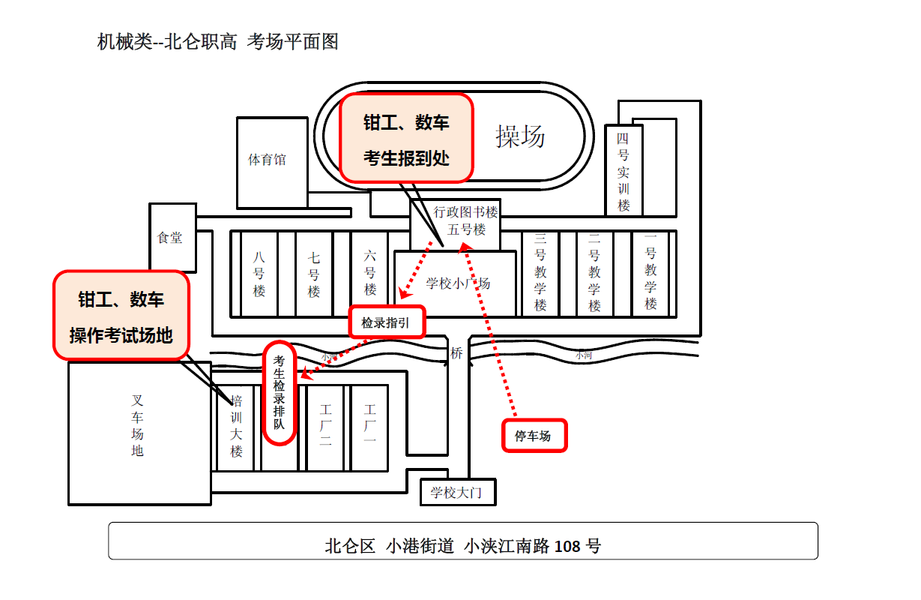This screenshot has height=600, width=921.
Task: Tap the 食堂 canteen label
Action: tap(171, 238)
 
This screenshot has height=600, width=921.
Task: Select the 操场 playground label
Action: tap(520, 136)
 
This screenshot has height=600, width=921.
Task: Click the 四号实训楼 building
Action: tap(623, 171)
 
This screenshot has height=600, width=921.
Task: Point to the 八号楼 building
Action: tap(259, 274)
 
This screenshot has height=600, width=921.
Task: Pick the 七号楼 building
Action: tap(314, 274)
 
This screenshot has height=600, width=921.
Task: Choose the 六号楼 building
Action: tap(370, 274)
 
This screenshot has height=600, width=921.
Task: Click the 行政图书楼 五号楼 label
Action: tap(465, 221)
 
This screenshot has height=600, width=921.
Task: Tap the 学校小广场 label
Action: tap(458, 283)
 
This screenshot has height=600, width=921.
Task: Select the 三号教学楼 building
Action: tap(540, 274)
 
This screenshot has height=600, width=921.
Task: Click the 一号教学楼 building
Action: tap(650, 274)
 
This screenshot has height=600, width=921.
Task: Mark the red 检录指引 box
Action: tap(387, 322)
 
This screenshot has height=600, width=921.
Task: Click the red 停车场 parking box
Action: tap(534, 436)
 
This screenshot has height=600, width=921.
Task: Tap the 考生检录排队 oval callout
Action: tap(280, 393)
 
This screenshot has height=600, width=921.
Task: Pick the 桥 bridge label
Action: tap(456, 353)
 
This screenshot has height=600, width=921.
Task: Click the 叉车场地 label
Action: tap(137, 426)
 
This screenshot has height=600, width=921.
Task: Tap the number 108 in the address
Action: tap(567, 546)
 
